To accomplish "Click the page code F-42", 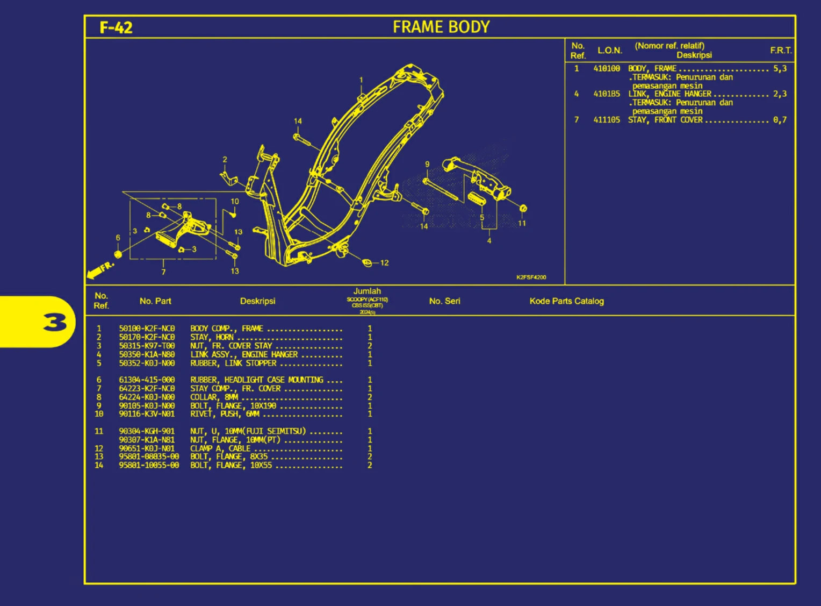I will click(116, 27).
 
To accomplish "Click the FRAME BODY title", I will click(441, 27).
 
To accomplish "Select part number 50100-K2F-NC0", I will click(147, 329).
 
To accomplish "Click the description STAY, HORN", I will click(212, 337).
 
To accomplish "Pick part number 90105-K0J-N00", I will click(147, 406).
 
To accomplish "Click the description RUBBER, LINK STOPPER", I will click(233, 363).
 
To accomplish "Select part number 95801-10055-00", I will click(149, 465).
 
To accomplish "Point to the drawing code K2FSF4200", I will click(531, 277).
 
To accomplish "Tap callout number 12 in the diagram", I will click(384, 263).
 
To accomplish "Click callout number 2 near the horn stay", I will click(225, 160).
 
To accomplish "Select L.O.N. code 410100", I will click(607, 69).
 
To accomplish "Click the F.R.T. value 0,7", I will click(780, 120).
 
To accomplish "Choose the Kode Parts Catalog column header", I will click(566, 301).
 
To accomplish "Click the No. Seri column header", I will click(444, 301).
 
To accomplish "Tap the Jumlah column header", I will click(367, 291).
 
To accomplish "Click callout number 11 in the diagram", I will click(522, 223).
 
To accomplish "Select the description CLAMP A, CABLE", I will click(220, 448).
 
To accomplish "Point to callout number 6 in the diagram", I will click(118, 238).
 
